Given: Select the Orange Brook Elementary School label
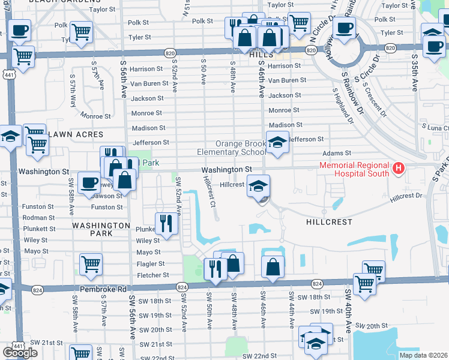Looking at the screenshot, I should click(231, 148).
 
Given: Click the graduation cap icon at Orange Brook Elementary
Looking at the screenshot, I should click(277, 143).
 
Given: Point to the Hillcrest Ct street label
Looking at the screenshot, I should click(209, 191).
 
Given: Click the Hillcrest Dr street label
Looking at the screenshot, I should click(405, 196).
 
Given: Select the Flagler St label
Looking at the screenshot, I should click(151, 264).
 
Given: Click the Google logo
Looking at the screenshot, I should click(20, 353).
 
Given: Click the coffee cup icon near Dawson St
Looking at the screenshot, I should click(89, 182).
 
